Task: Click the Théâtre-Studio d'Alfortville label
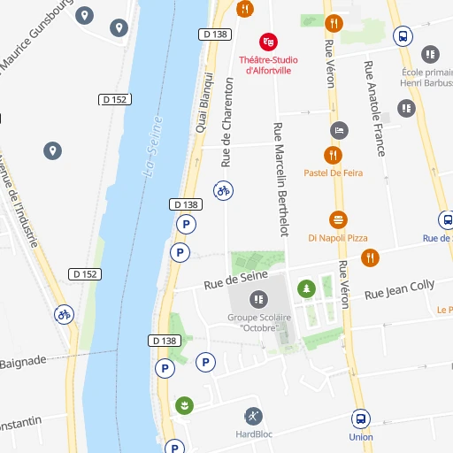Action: [x=268, y=65]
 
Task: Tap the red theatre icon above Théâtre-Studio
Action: [x=268, y=42]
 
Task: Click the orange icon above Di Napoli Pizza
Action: [x=338, y=219]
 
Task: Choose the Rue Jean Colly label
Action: [x=400, y=288]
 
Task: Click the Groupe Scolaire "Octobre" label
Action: [x=253, y=322]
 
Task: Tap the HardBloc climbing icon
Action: [x=253, y=416]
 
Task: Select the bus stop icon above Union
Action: [x=361, y=418]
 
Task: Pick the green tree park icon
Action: [x=306, y=288]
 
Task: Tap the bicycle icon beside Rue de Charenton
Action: [x=224, y=189]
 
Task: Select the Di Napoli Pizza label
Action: [x=337, y=238]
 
